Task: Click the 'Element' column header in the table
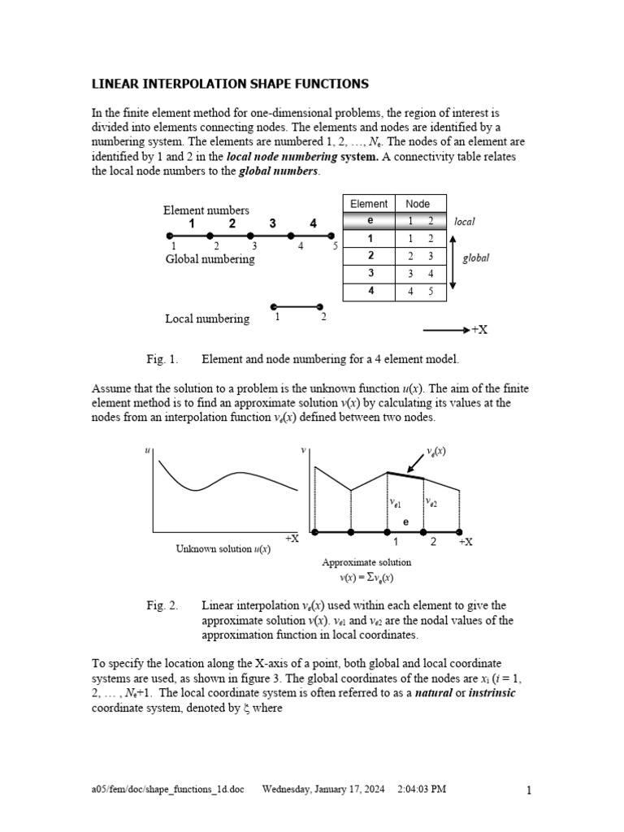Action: click(x=368, y=204)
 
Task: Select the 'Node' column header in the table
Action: click(x=418, y=204)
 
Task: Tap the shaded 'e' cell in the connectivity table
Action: click(x=370, y=221)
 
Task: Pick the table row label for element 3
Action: click(x=370, y=273)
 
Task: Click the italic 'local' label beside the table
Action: click(x=465, y=221)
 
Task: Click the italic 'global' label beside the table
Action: click(x=476, y=258)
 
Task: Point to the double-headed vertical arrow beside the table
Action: click(x=453, y=262)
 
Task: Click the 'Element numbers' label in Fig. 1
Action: click(x=206, y=210)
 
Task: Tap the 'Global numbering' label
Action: click(x=210, y=259)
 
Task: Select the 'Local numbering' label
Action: click(x=207, y=318)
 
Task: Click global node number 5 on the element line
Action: click(x=335, y=245)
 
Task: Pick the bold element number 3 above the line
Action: click(x=273, y=223)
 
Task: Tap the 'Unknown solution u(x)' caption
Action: click(x=223, y=548)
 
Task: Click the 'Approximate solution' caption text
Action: click(x=366, y=562)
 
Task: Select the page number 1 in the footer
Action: click(x=528, y=790)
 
